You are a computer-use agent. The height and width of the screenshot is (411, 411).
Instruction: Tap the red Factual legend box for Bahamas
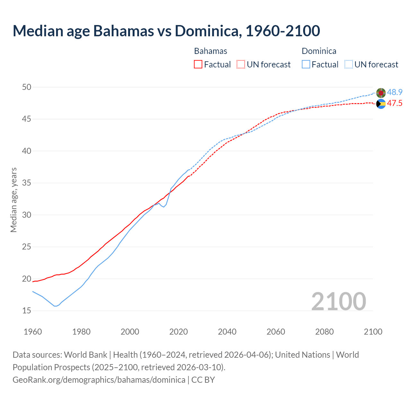[198, 65]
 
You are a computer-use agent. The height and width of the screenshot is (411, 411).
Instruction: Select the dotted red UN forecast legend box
[241, 65]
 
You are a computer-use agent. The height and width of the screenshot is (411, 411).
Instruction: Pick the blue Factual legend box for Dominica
[306, 65]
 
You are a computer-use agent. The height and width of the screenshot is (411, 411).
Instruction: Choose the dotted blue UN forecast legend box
[349, 65]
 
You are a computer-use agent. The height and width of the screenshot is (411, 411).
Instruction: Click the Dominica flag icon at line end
[381, 93]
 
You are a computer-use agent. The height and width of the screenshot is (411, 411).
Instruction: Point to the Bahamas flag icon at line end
[381, 104]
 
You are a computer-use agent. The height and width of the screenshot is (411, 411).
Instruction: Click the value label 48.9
[395, 92]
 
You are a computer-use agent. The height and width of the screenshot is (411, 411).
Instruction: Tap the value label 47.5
[395, 103]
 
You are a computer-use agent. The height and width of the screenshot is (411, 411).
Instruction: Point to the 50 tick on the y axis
[27, 87]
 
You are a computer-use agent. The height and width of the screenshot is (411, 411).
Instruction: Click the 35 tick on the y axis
[27, 183]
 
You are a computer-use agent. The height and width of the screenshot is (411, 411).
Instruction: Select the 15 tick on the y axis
[27, 311]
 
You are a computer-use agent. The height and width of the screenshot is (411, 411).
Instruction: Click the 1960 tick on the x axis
[33, 332]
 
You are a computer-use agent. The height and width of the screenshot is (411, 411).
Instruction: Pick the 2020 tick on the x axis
[179, 332]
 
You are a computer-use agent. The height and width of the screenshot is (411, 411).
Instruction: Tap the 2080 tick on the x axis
[324, 332]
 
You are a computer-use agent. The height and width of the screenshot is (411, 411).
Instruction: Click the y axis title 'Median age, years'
[13, 200]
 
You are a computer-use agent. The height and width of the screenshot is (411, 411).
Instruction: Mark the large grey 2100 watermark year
[338, 301]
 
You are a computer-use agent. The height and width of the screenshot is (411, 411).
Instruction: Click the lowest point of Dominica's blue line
[56, 306]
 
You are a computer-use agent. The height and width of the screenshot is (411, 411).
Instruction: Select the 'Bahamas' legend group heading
[211, 51]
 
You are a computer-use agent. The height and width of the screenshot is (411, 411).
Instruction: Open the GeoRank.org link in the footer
[99, 380]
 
